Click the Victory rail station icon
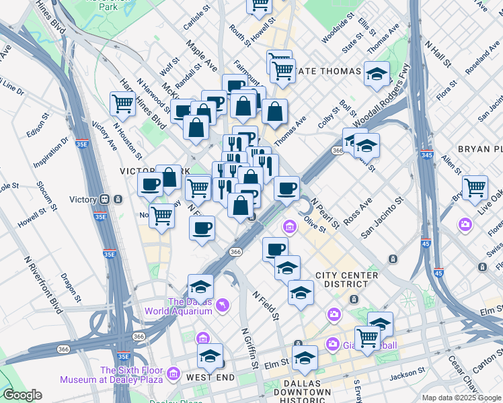(x=106, y=199)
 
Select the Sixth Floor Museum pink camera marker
(x=173, y=373)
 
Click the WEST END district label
(x=210, y=377)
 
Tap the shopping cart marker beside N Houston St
(x=122, y=104)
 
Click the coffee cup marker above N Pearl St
(x=286, y=188)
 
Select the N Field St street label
(x=266, y=304)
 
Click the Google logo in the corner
(x=22, y=395)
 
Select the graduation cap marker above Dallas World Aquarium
(x=200, y=286)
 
